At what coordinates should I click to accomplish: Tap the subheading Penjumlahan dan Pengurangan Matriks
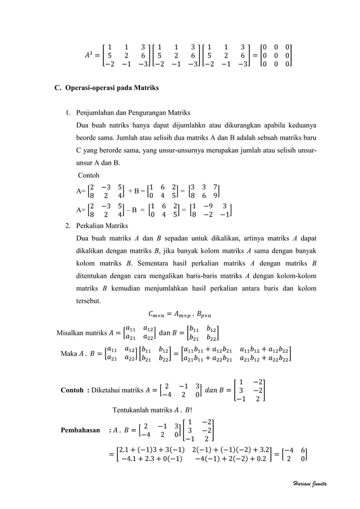click(x=133, y=112)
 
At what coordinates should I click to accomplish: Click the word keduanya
click(x=298, y=125)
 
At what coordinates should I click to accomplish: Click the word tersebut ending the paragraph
click(x=89, y=300)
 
